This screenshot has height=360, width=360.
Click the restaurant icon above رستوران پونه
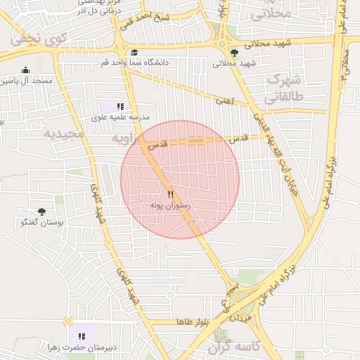click(x=170, y=194)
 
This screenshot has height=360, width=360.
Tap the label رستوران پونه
click(x=170, y=205)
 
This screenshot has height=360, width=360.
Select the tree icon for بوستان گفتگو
click(x=41, y=211)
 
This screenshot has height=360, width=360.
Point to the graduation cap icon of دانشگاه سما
click(x=134, y=52)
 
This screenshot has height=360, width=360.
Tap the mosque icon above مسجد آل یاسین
click(x=26, y=70)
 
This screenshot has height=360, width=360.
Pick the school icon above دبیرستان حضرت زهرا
click(x=82, y=336)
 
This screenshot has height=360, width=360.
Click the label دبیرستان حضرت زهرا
click(x=72, y=347)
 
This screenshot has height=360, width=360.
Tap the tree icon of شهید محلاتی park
click(x=234, y=52)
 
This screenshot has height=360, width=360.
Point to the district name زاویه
click(x=126, y=140)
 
